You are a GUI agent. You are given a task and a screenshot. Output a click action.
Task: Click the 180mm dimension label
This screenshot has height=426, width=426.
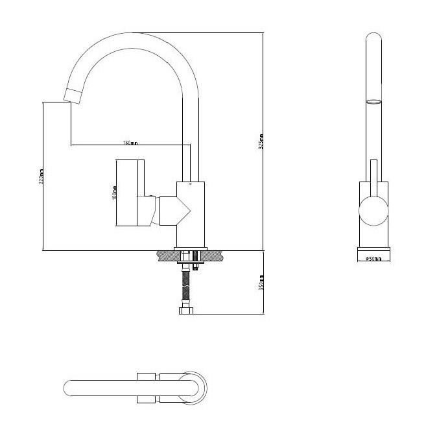tap(130, 143)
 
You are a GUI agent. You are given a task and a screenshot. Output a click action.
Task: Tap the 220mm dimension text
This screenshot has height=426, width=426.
tap(41, 178)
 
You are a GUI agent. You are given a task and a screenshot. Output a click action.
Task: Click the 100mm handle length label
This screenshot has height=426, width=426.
tap(115, 193)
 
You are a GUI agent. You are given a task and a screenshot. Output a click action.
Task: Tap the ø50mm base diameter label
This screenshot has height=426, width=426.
tap(373, 259)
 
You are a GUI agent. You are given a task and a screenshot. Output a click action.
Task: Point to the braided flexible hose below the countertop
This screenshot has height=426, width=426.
tap(187, 285)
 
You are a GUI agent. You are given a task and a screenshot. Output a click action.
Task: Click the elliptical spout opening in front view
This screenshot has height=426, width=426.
tap(374, 102)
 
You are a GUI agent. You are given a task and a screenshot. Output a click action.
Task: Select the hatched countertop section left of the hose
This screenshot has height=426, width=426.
tap(165, 254)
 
